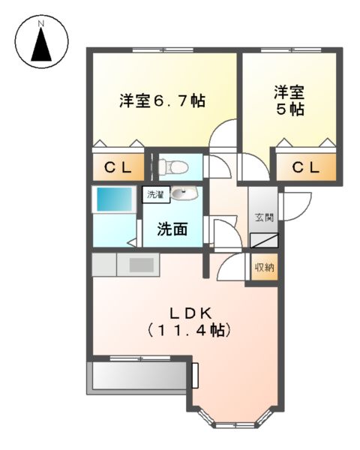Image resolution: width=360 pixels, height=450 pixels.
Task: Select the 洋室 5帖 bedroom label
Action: pos(289,100)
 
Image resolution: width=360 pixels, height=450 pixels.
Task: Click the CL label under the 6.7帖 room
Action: pos(118,167)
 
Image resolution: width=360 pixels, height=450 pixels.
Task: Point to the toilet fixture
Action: pos(171,166)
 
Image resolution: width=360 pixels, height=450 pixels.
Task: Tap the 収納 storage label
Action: pos(264,266)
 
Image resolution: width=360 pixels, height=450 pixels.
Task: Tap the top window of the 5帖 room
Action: pos(288,50)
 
